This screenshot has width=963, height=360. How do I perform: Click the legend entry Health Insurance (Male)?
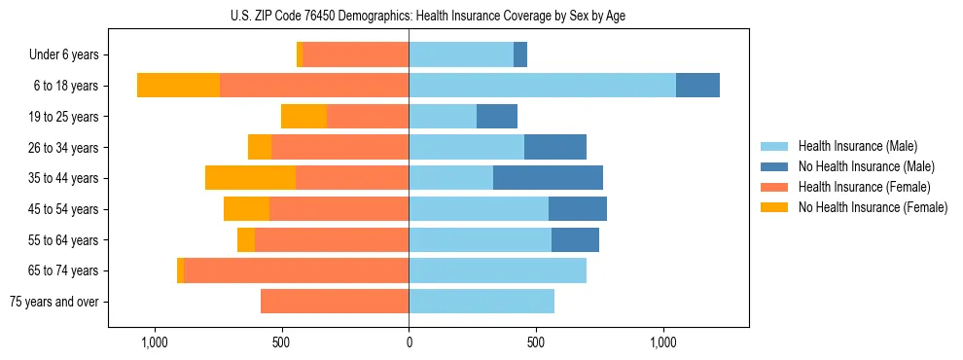857,146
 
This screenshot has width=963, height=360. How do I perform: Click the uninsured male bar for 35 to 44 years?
548,178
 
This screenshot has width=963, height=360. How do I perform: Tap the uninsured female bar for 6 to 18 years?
178,86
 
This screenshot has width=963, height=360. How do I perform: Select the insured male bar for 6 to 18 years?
542,86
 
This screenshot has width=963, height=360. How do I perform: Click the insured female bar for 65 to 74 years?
296,270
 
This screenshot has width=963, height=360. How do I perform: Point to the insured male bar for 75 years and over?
481,302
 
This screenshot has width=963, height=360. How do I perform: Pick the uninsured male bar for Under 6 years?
520,55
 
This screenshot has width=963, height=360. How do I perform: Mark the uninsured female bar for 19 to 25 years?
303,117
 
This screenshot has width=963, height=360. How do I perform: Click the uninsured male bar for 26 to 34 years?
555,147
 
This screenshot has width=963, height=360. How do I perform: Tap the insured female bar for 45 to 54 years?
339,209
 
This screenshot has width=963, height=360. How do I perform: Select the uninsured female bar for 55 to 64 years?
246,239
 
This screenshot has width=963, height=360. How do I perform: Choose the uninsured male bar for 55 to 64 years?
575,239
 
